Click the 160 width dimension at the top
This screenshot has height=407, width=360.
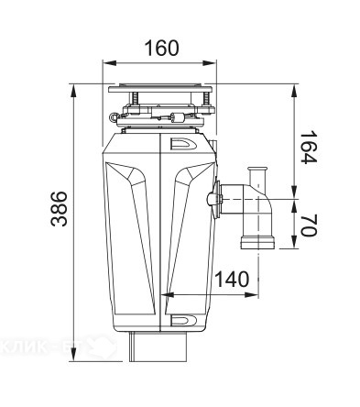point(161,49)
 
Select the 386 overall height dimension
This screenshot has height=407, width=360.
point(58,211)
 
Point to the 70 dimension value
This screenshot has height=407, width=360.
point(308,225)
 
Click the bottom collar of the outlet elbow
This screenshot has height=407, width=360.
point(257,243)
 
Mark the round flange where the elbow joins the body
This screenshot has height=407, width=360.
point(216,198)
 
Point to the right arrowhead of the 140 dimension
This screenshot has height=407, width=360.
point(256,295)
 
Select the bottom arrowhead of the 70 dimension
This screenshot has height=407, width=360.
point(294,246)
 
